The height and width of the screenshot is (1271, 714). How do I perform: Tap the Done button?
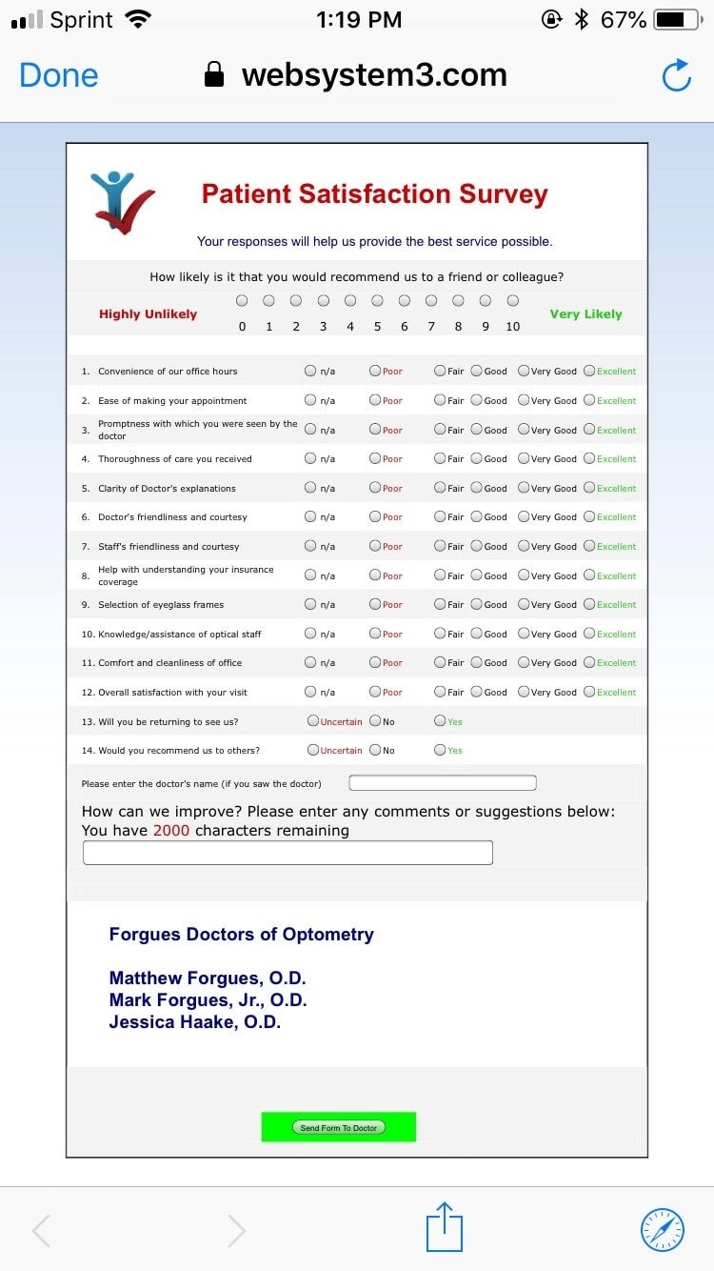coord(59,76)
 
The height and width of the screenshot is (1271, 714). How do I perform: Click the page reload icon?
coord(676,76)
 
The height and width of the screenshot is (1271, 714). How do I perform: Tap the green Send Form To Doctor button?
coord(339,1127)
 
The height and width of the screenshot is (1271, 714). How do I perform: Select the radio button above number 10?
coord(513,301)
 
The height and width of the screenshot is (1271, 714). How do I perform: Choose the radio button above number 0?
coord(242,301)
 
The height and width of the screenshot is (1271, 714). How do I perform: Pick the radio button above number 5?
coord(378,301)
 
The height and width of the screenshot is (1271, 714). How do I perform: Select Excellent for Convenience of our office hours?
coord(589,371)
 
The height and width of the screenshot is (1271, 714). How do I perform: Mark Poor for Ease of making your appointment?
coord(375,400)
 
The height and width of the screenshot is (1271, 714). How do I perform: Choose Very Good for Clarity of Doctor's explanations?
coord(524,488)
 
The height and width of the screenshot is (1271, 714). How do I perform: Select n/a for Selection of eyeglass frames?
coord(310,604)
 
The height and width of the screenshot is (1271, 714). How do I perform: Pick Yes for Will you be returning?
coord(440,721)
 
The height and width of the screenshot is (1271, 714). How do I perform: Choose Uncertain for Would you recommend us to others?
coord(313,750)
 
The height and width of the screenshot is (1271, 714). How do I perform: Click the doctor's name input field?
coord(443,783)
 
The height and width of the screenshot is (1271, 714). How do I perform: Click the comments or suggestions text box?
coord(288,853)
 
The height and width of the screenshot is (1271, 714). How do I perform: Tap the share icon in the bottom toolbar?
coord(444,1227)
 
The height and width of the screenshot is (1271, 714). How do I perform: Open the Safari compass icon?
coord(663,1229)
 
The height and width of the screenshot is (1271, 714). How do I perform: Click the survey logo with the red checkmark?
coord(122,201)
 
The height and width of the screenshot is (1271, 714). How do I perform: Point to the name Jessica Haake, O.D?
coord(195,1022)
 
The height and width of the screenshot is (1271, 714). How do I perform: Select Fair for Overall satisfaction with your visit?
coord(440,692)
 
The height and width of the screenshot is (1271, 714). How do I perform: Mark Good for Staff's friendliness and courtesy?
coord(476,546)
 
